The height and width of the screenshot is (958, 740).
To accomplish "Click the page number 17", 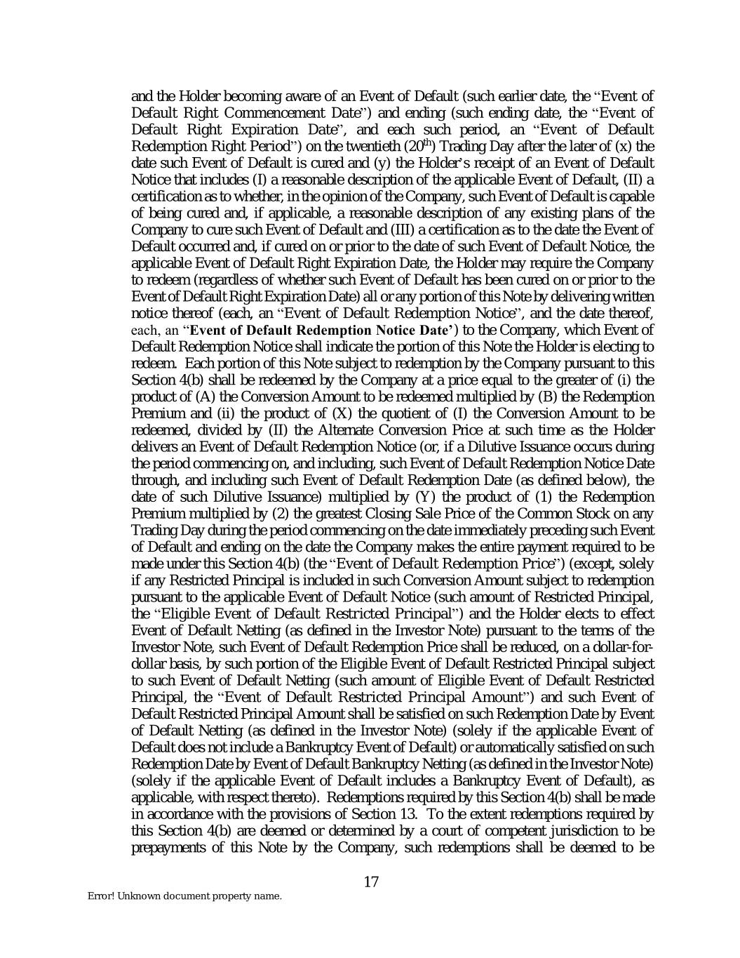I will click(x=371, y=882).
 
